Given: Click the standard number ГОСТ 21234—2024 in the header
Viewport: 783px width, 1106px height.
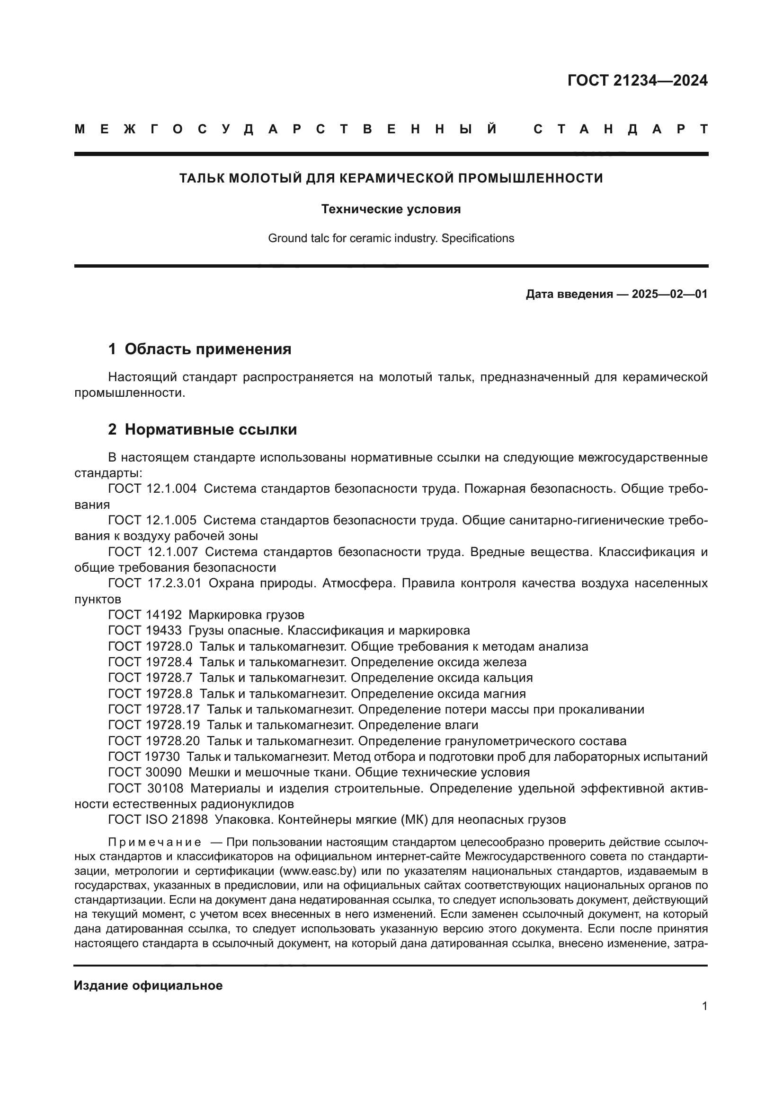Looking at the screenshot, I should pos(637,80).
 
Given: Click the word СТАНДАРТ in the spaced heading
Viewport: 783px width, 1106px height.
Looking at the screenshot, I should pos(621,129).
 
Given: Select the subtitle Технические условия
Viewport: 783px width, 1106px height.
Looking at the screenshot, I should pos(391,209).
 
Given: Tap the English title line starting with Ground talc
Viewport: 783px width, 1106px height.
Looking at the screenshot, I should pos(391,238).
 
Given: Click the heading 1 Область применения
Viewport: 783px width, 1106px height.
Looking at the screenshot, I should pos(200,349).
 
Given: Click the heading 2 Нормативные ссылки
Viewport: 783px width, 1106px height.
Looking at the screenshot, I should pos(203,429).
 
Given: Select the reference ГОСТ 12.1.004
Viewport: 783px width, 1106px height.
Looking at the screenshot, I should pos(152,489).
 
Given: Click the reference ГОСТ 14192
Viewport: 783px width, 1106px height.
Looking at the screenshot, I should pos(145,615).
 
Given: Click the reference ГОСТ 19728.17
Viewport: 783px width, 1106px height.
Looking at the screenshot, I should pos(154,710).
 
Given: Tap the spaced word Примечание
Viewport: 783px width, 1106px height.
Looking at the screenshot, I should pos(155,843).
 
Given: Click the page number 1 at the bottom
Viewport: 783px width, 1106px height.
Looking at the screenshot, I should pos(704,1006).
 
